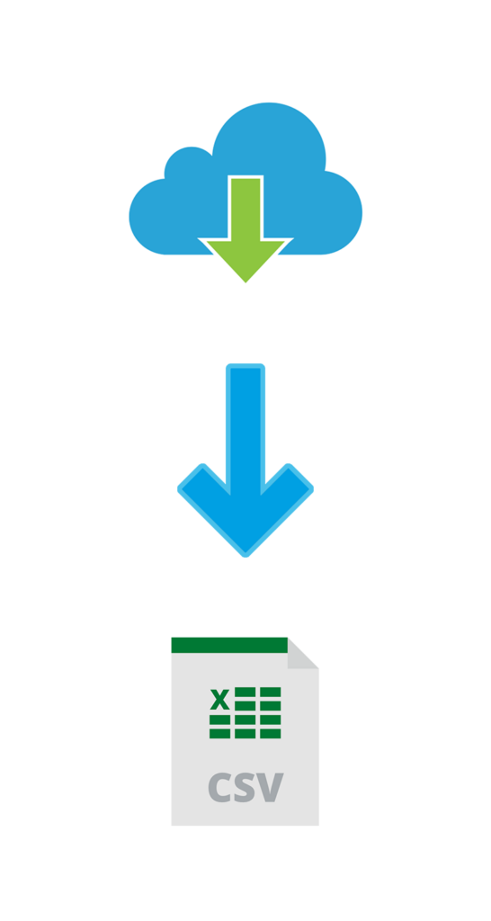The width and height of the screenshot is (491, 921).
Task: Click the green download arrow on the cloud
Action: tap(245, 229)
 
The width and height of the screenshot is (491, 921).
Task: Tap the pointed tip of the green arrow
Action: tap(245, 282)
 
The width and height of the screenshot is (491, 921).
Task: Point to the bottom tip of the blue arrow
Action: tap(245, 556)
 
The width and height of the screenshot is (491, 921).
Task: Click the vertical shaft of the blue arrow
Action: tap(245, 429)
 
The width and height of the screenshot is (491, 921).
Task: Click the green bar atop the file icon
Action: tap(229, 645)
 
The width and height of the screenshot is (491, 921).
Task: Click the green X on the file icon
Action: tap(219, 699)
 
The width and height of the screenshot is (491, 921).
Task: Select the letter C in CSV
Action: tap(219, 787)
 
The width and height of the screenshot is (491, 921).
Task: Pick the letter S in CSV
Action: tap(245, 787)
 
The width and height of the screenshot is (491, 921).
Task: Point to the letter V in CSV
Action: tap(270, 788)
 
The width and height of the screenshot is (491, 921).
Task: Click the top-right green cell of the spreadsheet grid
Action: tap(271, 692)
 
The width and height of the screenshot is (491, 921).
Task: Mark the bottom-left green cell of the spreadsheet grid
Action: tap(219, 734)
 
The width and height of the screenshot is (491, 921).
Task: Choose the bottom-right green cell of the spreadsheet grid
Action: tap(271, 734)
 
